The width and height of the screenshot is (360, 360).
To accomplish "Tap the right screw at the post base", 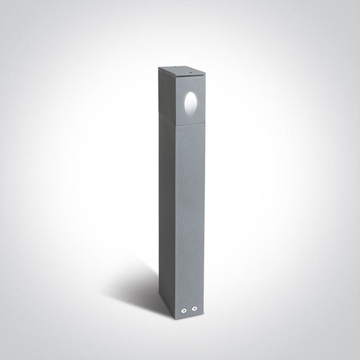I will coord(194,309).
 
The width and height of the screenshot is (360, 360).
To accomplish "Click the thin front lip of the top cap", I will coord(188,75).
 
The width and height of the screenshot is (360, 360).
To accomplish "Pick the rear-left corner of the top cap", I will coord(159,68).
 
